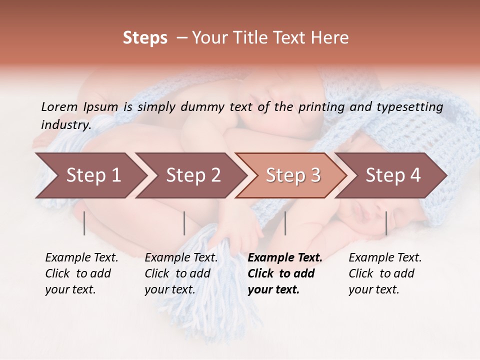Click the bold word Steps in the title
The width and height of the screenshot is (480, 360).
(x=145, y=37)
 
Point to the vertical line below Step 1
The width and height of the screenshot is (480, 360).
(x=84, y=223)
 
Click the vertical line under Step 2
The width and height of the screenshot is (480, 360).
(x=184, y=223)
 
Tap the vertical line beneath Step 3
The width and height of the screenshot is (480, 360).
(x=285, y=223)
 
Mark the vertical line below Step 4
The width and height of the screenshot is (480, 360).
(x=386, y=223)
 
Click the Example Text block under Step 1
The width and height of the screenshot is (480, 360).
(x=81, y=273)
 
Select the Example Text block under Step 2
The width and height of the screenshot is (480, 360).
(x=181, y=273)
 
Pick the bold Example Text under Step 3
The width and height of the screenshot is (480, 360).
(x=285, y=273)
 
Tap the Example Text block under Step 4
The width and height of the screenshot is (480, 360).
(x=385, y=273)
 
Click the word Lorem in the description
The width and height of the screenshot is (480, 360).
(x=59, y=106)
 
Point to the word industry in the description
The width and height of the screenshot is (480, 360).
(x=65, y=124)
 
